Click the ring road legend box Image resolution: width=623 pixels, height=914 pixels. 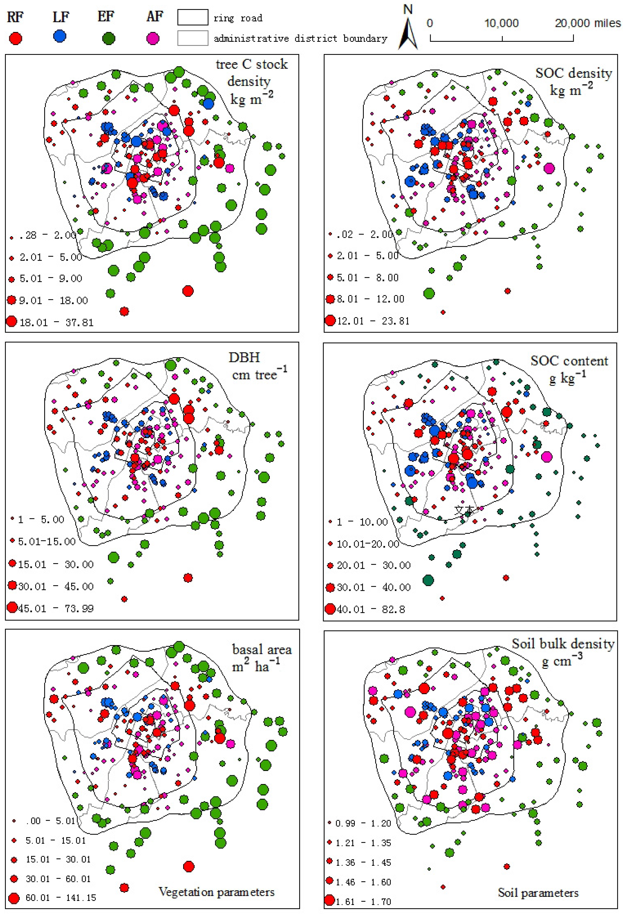pos(193,18)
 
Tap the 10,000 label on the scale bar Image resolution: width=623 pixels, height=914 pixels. pos(501,23)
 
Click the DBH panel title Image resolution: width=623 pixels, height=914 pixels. pos(244,357)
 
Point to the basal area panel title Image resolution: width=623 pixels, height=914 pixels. pos(262,649)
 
